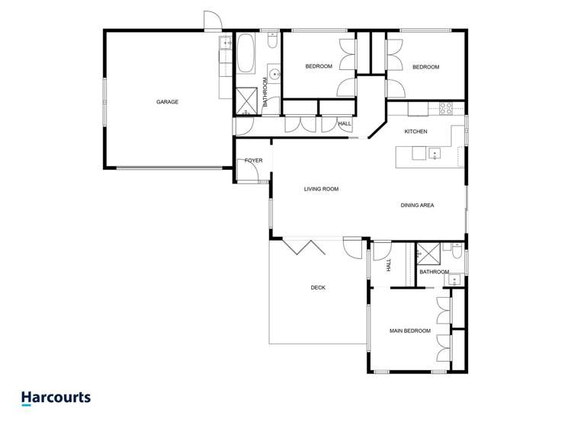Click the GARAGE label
point(168,102)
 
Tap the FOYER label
point(253,161)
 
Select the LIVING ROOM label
point(321,189)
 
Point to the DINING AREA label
point(418,205)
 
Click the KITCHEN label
point(415,132)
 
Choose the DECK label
point(318,287)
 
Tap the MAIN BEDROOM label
point(410,331)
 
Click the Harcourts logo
point(56,398)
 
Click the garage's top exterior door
point(212,21)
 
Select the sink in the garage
point(226,43)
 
